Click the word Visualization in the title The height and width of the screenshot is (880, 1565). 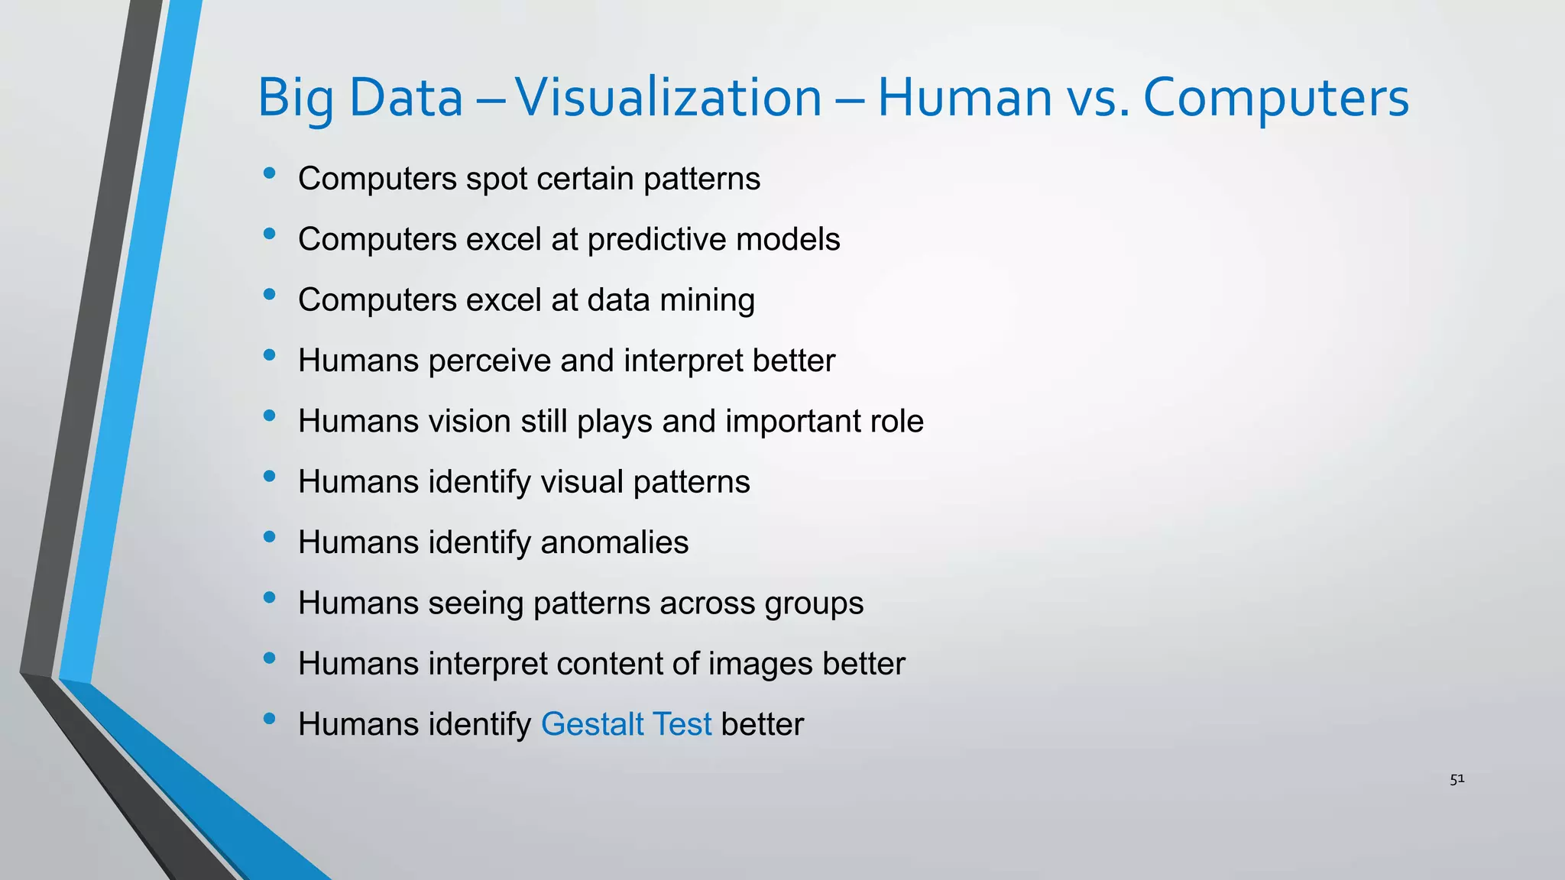[x=668, y=98]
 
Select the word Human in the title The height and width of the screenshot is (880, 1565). [x=965, y=98]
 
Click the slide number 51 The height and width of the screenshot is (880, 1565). [x=1456, y=779]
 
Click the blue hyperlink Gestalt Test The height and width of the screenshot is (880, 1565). [x=626, y=724]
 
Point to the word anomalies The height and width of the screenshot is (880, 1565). [x=614, y=542]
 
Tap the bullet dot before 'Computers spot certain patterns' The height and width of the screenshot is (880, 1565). [x=269, y=174]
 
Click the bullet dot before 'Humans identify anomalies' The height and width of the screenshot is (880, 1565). [x=269, y=538]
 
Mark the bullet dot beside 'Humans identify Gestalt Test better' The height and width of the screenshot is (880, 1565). [x=269, y=720]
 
